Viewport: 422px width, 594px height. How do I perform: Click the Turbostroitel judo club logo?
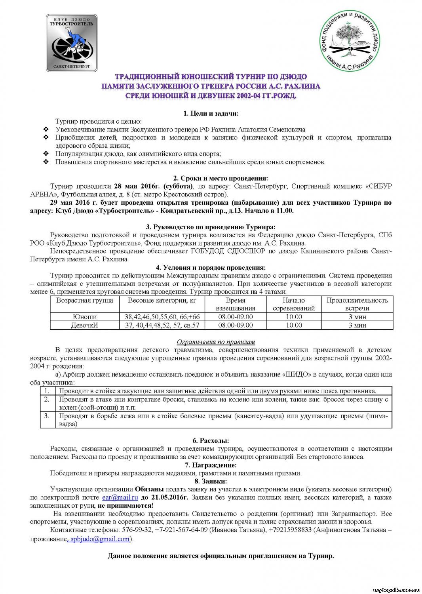click(x=72, y=43)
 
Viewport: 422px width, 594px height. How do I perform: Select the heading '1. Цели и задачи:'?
click(x=211, y=114)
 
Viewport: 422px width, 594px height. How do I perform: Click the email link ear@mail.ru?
click(x=120, y=497)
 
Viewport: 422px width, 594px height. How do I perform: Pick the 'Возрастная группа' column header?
click(x=85, y=301)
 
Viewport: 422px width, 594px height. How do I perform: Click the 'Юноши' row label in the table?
click(x=85, y=317)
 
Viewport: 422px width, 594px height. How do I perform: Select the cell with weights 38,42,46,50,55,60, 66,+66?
click(x=162, y=317)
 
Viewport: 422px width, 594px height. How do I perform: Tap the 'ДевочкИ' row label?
click(x=85, y=325)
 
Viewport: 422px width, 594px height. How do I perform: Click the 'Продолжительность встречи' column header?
click(x=357, y=304)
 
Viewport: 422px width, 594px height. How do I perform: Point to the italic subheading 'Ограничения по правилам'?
click(x=216, y=342)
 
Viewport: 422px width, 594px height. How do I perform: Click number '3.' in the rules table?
click(x=47, y=416)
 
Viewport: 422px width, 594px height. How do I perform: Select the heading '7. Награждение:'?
click(x=211, y=465)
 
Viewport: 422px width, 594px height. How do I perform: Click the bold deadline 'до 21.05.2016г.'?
click(x=165, y=497)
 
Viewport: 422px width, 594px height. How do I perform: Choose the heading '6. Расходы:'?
click(x=211, y=440)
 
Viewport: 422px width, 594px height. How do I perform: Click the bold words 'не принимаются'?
click(x=125, y=506)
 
